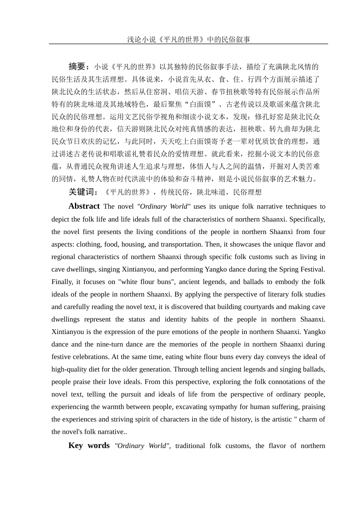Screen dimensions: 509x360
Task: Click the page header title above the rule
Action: pyautogui.click(x=188, y=39)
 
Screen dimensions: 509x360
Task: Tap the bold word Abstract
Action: pyautogui.click(x=84, y=206)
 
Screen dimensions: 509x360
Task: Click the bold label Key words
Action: pyautogui.click(x=89, y=446)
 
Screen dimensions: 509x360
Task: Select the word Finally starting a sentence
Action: pyautogui.click(x=62, y=282)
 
